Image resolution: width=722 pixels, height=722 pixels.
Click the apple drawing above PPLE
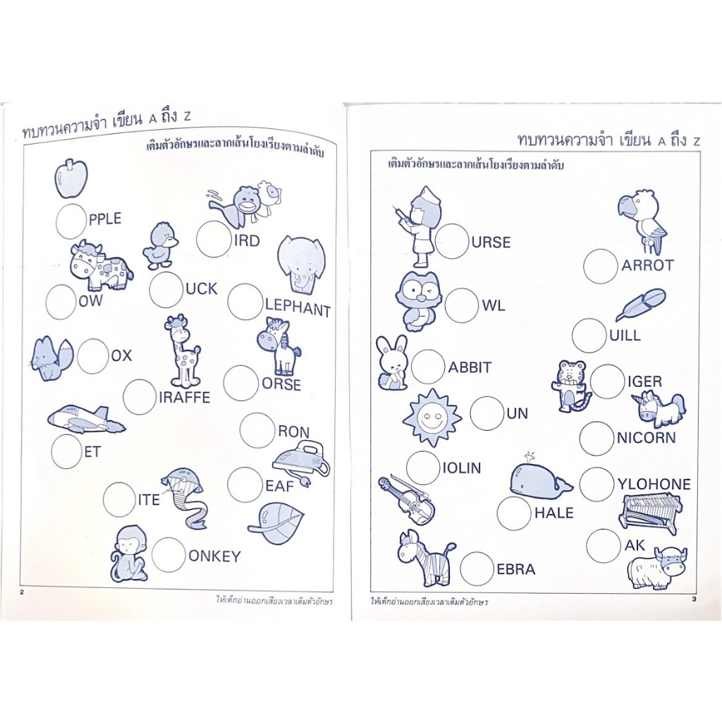[x=71, y=178]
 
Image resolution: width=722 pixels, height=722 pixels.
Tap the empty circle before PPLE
[x=71, y=221]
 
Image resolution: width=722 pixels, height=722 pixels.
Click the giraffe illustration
[x=183, y=351]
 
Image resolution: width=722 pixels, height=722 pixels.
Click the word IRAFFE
[x=184, y=398]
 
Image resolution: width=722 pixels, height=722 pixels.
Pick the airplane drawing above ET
[x=86, y=419]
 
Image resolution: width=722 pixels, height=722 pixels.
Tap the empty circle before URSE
[x=452, y=241]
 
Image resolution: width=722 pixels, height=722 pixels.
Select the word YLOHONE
[x=654, y=484]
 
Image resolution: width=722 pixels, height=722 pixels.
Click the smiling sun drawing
[x=432, y=417]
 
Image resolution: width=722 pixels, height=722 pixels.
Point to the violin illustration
[x=407, y=501]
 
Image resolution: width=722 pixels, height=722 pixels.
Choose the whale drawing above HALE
[x=540, y=479]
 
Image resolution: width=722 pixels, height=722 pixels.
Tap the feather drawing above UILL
[x=640, y=304]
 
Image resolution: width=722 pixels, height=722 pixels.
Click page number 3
[x=694, y=599]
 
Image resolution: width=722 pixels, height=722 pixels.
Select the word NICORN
[x=646, y=437]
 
